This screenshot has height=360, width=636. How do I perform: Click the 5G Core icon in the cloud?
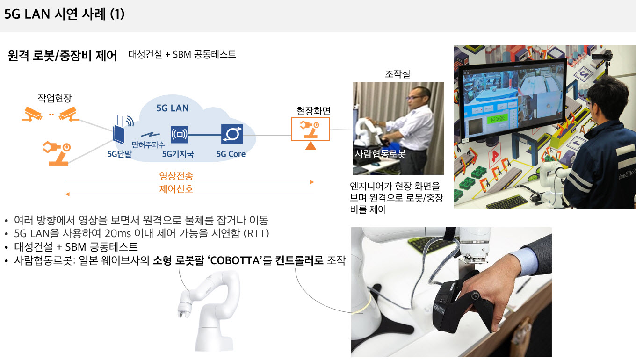[x=232, y=134]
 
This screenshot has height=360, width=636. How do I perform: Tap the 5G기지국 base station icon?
[x=179, y=135]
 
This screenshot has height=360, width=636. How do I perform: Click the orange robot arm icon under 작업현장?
[x=57, y=153]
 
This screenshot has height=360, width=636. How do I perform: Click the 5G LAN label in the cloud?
[x=173, y=108]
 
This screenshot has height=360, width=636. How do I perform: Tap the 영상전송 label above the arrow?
[x=176, y=176]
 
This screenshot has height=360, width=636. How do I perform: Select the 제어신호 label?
[x=176, y=189]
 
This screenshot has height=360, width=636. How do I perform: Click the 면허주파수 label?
[x=148, y=145]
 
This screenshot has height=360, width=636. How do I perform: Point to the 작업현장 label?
[x=55, y=98]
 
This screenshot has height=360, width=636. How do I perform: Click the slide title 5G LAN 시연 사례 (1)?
[x=64, y=14]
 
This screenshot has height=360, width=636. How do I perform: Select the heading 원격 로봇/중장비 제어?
[x=62, y=55]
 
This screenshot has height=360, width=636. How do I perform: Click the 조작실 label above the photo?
[x=397, y=74]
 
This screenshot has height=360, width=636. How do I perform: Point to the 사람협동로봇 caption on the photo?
[x=380, y=154]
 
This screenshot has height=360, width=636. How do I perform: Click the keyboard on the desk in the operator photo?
[x=507, y=202]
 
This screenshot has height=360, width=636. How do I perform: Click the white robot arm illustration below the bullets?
[x=209, y=311]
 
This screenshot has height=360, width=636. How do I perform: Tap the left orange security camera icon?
[x=32, y=114]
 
